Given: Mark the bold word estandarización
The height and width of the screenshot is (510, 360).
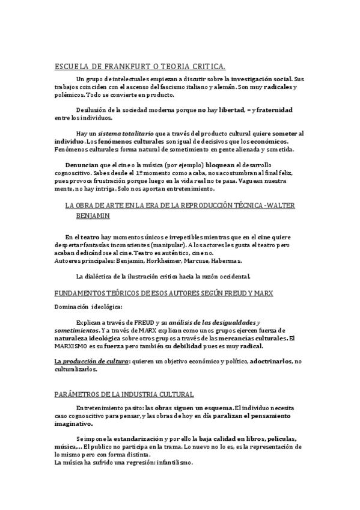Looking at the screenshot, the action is coord(138,438).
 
